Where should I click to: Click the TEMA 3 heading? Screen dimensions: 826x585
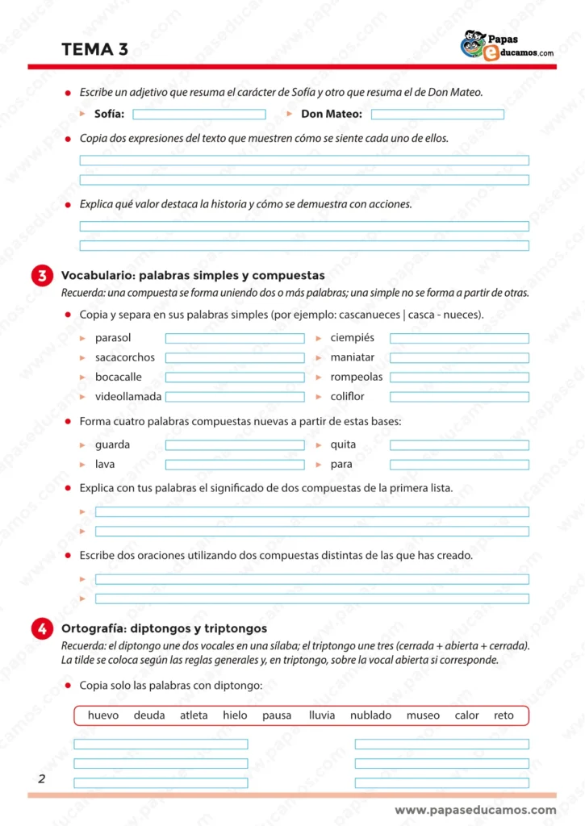click(x=94, y=49)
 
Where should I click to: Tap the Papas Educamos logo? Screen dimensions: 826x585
click(x=507, y=46)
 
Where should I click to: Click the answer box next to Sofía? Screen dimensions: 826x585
click(x=198, y=115)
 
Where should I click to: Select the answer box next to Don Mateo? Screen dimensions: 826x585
click(x=437, y=115)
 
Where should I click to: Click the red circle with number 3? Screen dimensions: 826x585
click(x=42, y=276)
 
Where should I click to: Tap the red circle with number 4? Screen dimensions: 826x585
click(x=42, y=629)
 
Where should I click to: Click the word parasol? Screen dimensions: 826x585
click(x=113, y=338)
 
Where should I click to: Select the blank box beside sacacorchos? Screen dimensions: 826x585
click(x=235, y=358)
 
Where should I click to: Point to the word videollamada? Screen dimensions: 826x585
click(x=128, y=397)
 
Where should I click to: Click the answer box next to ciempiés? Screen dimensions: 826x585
click(x=459, y=339)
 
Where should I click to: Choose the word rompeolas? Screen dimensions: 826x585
click(x=357, y=377)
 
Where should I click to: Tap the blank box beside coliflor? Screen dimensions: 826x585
click(x=459, y=397)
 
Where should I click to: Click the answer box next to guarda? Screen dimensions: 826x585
click(x=235, y=445)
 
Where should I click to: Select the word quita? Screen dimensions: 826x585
click(x=343, y=444)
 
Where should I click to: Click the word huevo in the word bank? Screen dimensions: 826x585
click(x=103, y=715)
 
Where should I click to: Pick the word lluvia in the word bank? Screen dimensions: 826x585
click(x=322, y=715)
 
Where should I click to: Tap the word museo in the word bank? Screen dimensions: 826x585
click(x=423, y=715)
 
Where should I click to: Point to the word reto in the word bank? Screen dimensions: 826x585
click(x=504, y=715)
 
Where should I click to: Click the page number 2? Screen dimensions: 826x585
click(x=41, y=779)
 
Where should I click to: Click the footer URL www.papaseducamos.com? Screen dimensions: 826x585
click(x=475, y=810)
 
